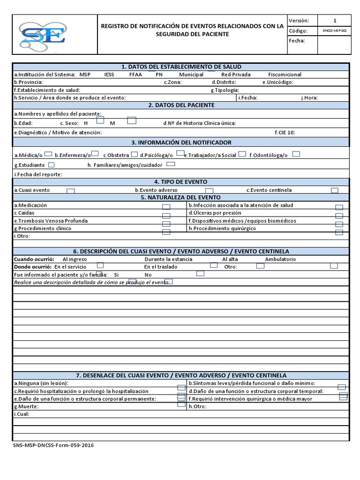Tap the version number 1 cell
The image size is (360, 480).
pos(334,21)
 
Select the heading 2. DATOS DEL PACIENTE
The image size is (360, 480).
pos(181,105)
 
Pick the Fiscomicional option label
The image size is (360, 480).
pos(285,75)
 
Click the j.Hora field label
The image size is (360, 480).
pos(310,97)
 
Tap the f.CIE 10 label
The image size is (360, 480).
pos(285,133)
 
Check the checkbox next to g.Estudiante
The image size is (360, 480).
pos(51,165)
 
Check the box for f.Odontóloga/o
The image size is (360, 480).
pos(296,154)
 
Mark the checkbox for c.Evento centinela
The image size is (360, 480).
pos(335,190)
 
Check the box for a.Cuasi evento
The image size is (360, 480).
pos(71,191)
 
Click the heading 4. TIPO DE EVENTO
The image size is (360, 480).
pos(181,181)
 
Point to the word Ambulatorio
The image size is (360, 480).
pos(280,259)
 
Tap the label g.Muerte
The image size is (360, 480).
pos(26,406)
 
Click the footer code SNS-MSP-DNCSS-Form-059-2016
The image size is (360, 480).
pos(53,446)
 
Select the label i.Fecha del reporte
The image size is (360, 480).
pos(38,174)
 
